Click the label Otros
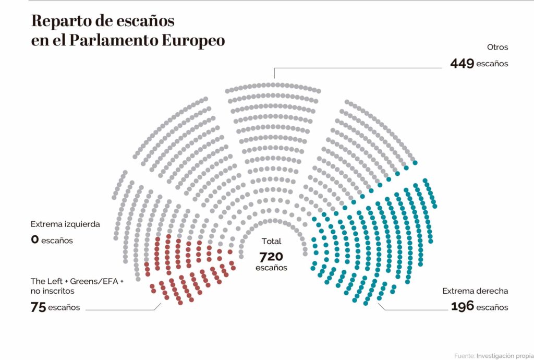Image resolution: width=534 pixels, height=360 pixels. tap(497, 47)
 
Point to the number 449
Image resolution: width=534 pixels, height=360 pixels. tap(462, 64)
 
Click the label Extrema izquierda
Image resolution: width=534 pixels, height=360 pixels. tap(65, 224)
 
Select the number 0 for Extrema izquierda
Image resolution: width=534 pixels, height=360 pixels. tap(35, 241)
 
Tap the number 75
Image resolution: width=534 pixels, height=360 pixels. tap(38, 307)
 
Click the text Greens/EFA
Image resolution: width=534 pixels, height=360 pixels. tap(95, 282)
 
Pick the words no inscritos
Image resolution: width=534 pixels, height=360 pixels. tap(53, 291)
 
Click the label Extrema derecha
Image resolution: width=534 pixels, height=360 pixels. tap(475, 291)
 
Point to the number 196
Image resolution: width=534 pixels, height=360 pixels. tap(462, 307)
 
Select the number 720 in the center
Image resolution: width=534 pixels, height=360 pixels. tap(271, 256)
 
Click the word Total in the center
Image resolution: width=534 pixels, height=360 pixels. tap(271, 242)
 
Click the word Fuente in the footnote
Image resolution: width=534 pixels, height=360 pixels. tap(464, 355)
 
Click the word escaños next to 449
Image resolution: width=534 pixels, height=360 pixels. tap(492, 64)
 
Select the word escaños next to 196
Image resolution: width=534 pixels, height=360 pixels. tap(492, 307)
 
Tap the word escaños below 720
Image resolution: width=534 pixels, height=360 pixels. tap(271, 267)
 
